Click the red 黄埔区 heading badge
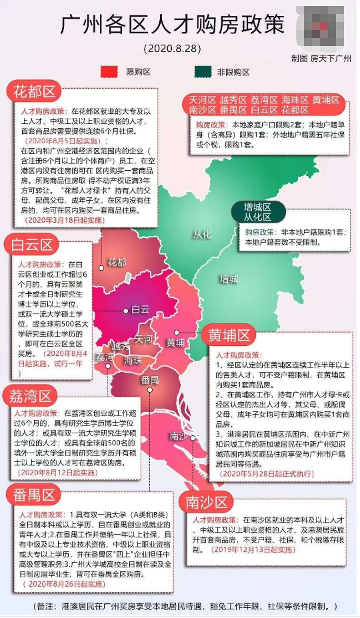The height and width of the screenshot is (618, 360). tap(228, 333)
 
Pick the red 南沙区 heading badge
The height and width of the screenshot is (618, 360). tap(207, 501)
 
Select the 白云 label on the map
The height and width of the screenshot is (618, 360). tap(140, 309)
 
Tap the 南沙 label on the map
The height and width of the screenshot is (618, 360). tap(177, 417)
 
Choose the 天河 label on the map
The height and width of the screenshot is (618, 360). tap(143, 339)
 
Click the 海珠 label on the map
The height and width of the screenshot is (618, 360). tap(132, 360)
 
